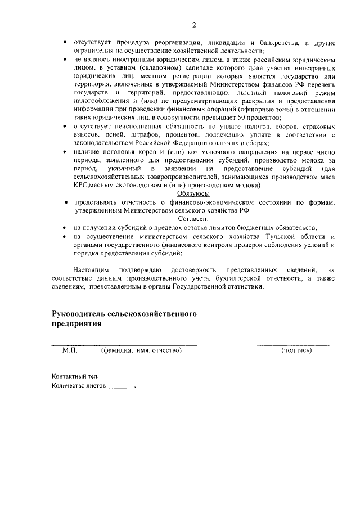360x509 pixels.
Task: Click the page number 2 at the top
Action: (194, 24)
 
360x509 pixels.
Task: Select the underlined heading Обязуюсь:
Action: (193, 193)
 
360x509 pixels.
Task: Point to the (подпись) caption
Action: (296, 350)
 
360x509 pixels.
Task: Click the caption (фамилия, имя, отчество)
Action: (141, 350)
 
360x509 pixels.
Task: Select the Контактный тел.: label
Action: (76, 376)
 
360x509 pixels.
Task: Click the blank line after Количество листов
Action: (118, 387)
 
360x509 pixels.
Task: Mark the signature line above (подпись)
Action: (294, 344)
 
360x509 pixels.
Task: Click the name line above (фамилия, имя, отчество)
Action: (124, 344)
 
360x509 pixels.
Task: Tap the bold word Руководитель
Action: (79, 314)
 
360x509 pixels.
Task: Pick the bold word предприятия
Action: (76, 324)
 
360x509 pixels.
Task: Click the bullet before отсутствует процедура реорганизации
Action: (65, 43)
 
